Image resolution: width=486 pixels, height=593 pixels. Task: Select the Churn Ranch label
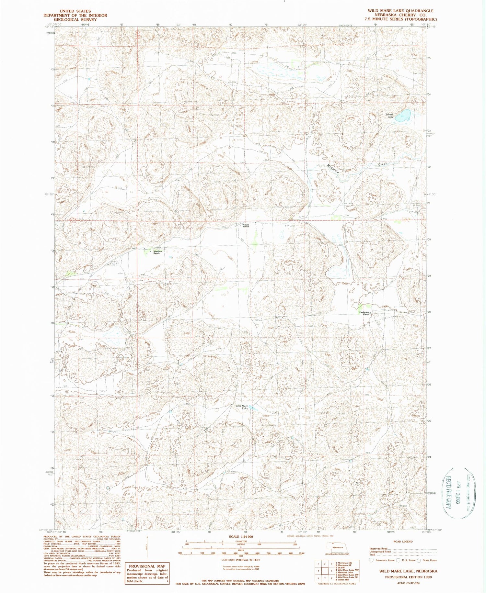click(x=246, y=226)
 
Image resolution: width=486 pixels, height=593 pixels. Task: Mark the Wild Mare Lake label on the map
click(x=242, y=407)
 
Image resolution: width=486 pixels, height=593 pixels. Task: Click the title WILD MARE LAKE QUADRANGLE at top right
click(x=400, y=11)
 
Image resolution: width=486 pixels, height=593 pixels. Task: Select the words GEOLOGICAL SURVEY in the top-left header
click(x=75, y=19)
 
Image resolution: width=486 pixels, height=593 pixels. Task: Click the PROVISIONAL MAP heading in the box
click(x=147, y=566)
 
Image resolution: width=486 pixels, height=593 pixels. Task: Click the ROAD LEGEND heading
click(x=403, y=542)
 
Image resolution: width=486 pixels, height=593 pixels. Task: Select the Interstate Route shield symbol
click(x=372, y=560)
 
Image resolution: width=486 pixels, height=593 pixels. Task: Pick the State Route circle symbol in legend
click(x=419, y=560)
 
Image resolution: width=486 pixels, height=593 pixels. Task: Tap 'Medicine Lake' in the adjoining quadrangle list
click(x=346, y=572)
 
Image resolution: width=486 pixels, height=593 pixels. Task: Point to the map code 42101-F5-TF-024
click(x=409, y=583)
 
